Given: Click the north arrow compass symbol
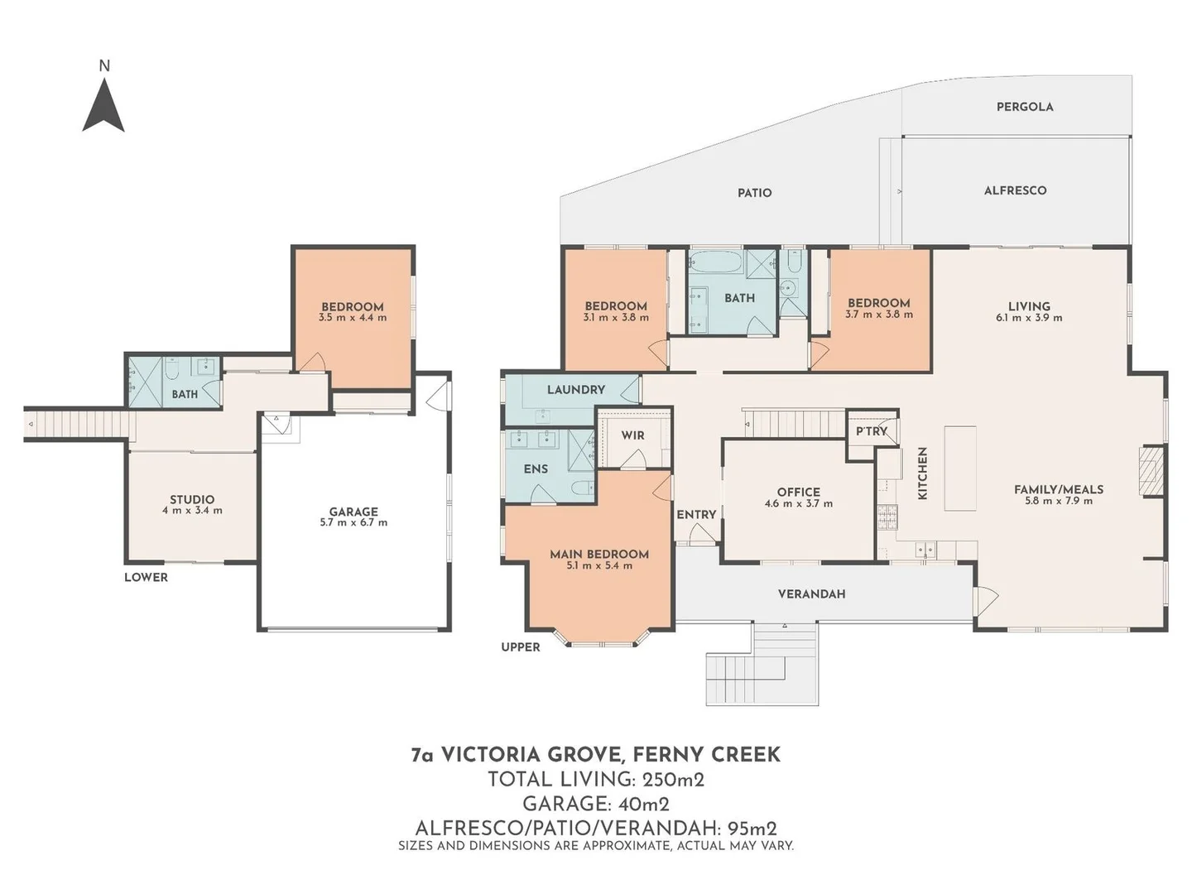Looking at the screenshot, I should [x=103, y=108].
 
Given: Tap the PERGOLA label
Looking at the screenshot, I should [x=1024, y=107].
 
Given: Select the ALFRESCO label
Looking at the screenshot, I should [x=1015, y=190].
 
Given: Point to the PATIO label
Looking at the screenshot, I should [x=754, y=193].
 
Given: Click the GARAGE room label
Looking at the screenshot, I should [x=353, y=512].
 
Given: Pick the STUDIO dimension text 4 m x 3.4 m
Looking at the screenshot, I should [x=192, y=511].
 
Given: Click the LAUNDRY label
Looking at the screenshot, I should [x=575, y=390].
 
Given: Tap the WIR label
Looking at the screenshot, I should [x=632, y=435].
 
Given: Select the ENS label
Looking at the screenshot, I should [x=536, y=469].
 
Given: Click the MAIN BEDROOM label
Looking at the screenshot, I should [x=599, y=554].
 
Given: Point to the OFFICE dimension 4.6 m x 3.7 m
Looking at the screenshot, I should [x=799, y=504].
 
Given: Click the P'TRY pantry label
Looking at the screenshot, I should [x=871, y=431].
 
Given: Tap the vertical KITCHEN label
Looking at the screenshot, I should [x=922, y=473].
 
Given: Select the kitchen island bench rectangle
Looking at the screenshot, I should [x=960, y=469].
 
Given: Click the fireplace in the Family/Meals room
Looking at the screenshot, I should [x=1151, y=472].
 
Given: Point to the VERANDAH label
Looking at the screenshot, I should [x=811, y=594].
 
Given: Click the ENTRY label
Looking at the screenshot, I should [x=696, y=515].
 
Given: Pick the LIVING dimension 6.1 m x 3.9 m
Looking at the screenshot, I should [x=1029, y=318].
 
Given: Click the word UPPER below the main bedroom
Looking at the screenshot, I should [x=521, y=647].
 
